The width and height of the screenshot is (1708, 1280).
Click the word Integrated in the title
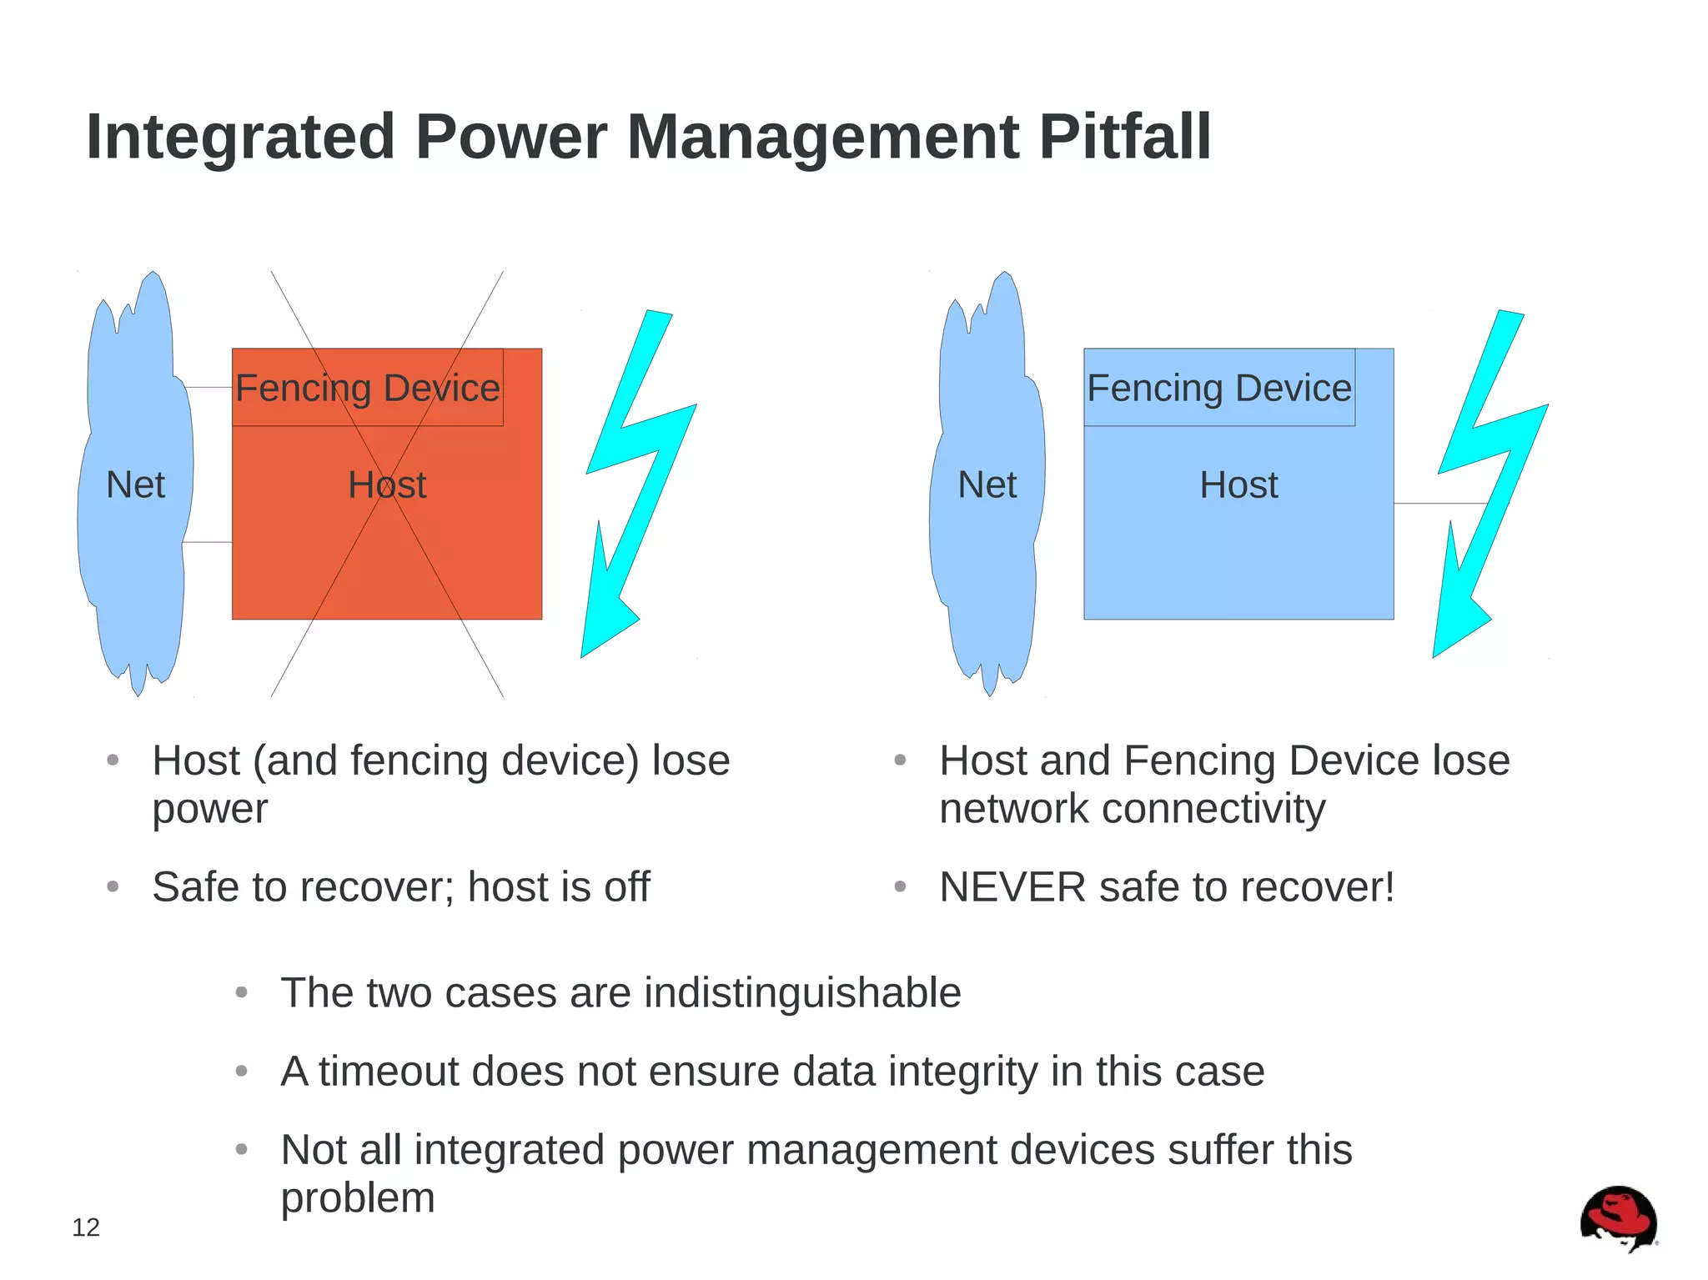click(x=240, y=137)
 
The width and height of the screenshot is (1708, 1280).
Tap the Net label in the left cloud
click(x=135, y=484)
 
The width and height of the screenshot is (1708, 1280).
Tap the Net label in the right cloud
click(x=987, y=484)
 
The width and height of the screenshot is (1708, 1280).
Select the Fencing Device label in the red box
click(x=367, y=388)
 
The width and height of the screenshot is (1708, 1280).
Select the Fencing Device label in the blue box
click(x=1218, y=388)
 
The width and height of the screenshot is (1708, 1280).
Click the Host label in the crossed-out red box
click(x=387, y=484)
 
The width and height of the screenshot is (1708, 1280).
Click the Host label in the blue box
click(x=1238, y=484)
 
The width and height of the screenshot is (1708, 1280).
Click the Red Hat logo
click(x=1618, y=1218)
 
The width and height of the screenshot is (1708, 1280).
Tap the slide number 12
click(x=86, y=1227)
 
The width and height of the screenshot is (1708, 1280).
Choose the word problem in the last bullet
click(x=358, y=1197)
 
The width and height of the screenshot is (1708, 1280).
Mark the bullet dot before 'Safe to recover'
click(x=113, y=886)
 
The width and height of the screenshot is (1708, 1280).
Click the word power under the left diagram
click(x=210, y=808)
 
